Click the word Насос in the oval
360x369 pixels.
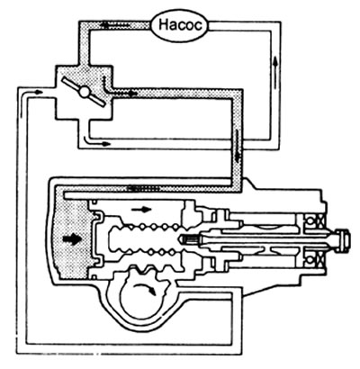(180, 25)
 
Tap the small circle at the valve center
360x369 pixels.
(83, 92)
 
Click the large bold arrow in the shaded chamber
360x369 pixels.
(72, 239)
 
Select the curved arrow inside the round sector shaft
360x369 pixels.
(145, 288)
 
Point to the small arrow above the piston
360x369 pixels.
(141, 209)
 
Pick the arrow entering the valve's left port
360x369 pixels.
(32, 93)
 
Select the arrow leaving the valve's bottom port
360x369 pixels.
(95, 141)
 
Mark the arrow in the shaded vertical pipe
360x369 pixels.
(237, 146)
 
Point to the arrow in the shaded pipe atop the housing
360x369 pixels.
(143, 188)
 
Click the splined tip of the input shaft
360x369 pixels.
(186, 239)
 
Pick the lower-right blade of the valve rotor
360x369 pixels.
(96, 101)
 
